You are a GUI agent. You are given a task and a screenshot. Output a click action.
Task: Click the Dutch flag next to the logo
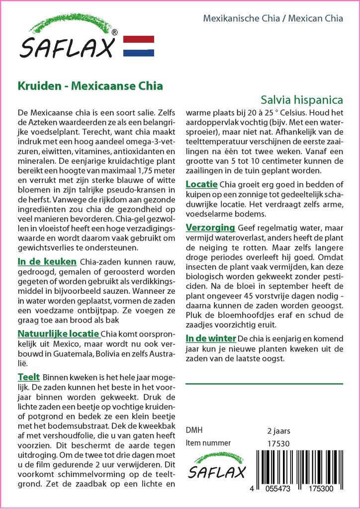coord(138,46)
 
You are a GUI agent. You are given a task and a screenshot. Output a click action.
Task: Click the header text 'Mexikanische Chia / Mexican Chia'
coord(273,19)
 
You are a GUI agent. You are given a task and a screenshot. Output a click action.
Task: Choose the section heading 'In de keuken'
coord(47,261)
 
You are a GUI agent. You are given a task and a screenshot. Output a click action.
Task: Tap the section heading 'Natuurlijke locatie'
coord(59,333)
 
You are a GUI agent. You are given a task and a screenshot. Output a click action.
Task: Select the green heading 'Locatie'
coord(201,184)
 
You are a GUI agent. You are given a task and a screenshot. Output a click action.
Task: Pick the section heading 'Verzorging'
coord(210,228)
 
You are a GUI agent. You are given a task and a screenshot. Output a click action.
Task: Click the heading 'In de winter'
coord(210,338)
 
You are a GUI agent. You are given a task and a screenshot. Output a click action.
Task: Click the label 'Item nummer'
coord(208,443)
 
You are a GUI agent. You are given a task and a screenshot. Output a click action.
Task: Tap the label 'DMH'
coord(194,430)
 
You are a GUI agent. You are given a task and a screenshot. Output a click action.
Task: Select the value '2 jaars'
coord(278,430)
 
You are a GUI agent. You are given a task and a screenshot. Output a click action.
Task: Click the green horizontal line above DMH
coord(264,384)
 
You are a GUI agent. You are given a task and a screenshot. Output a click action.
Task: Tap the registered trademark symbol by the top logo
coord(115,33)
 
